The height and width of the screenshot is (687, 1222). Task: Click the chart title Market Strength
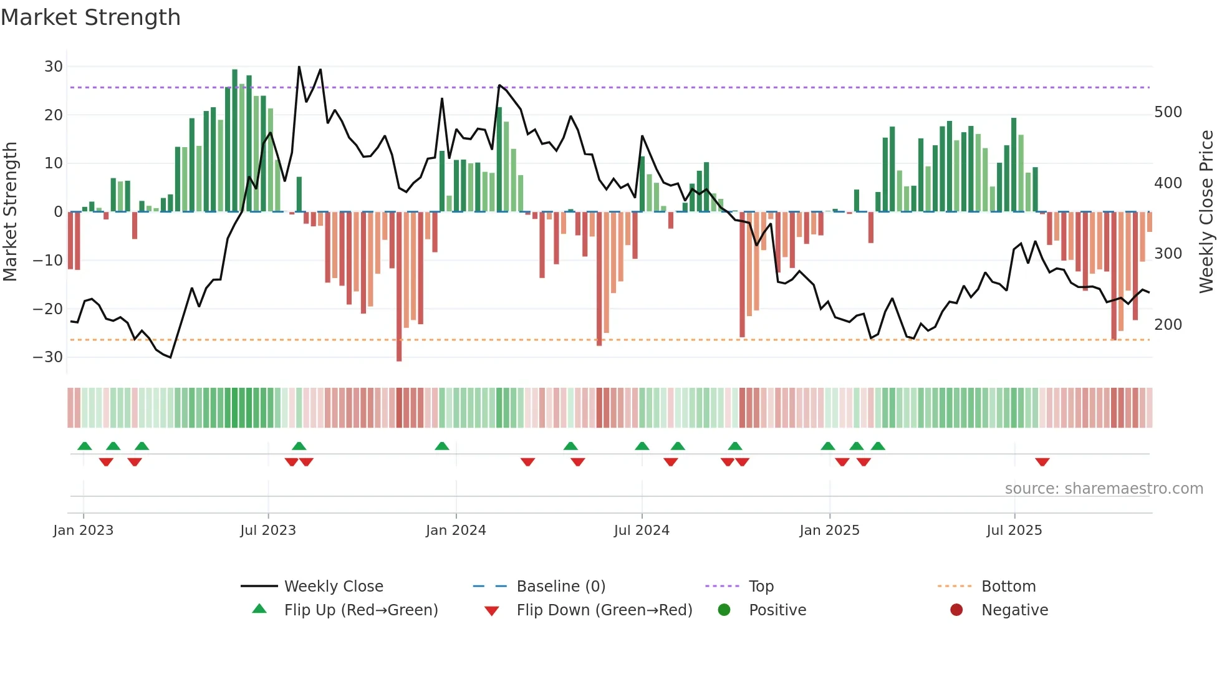point(90,17)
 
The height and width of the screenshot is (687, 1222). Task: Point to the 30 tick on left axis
point(54,67)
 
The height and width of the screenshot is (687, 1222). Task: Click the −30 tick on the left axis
point(48,357)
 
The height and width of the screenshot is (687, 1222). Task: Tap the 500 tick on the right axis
point(1168,112)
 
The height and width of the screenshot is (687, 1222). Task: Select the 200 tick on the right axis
point(1168,325)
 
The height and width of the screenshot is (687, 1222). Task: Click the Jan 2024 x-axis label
point(456,531)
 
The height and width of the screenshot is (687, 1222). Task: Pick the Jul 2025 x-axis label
point(1014,531)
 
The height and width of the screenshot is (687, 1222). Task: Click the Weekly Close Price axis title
point(1206,212)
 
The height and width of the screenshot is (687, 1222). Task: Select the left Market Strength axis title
point(10,212)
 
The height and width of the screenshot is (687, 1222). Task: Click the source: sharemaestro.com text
point(1104,489)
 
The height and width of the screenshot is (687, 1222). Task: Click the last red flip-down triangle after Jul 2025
point(1042,462)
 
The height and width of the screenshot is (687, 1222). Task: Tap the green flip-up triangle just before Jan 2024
point(441,446)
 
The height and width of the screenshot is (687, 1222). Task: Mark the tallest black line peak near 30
point(299,67)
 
